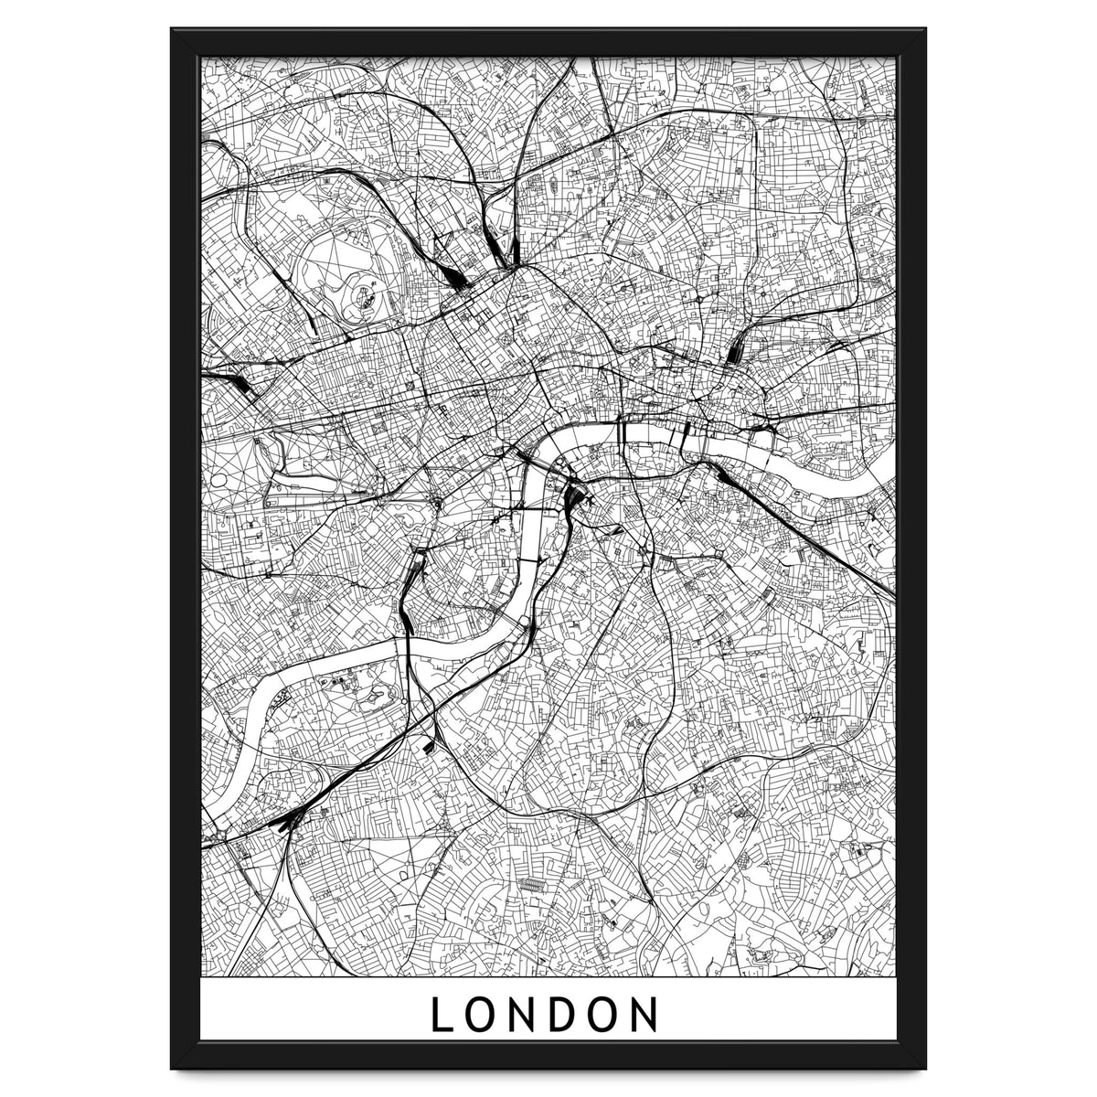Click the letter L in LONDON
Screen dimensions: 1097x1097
pyautogui.click(x=442, y=1015)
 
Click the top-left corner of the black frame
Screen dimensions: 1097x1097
pyautogui.click(x=173, y=30)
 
